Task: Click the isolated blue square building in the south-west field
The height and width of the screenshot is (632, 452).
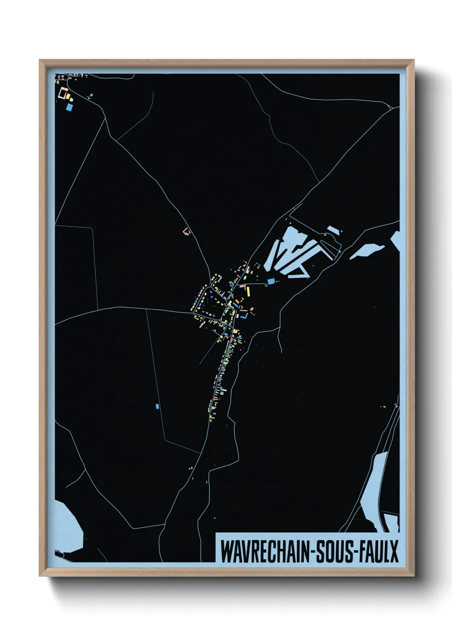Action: [x=157, y=406]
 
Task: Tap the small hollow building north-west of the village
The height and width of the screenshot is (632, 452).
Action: [x=186, y=231]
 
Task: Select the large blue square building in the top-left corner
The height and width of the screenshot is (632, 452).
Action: [x=69, y=107]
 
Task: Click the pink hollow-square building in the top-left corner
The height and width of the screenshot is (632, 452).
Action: [x=65, y=93]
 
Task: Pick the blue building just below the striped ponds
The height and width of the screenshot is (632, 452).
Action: [x=271, y=281]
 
